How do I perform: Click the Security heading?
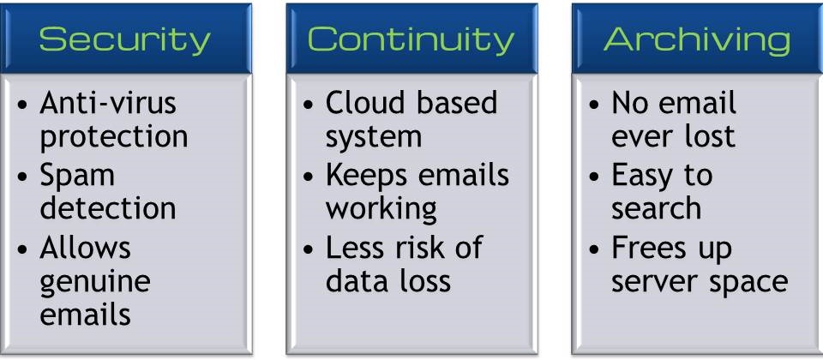pos(124,40)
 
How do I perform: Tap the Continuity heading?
pos(411,39)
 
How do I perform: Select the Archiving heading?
pos(697,40)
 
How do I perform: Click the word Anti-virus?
pos(108,102)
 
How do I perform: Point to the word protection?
pos(114,137)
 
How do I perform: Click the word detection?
pos(108,207)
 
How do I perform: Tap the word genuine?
pos(95,283)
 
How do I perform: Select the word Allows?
pos(85,247)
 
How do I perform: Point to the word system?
pos(374,137)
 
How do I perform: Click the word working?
pos(381,209)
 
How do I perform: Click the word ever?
pos(641,137)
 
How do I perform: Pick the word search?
pos(656,208)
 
